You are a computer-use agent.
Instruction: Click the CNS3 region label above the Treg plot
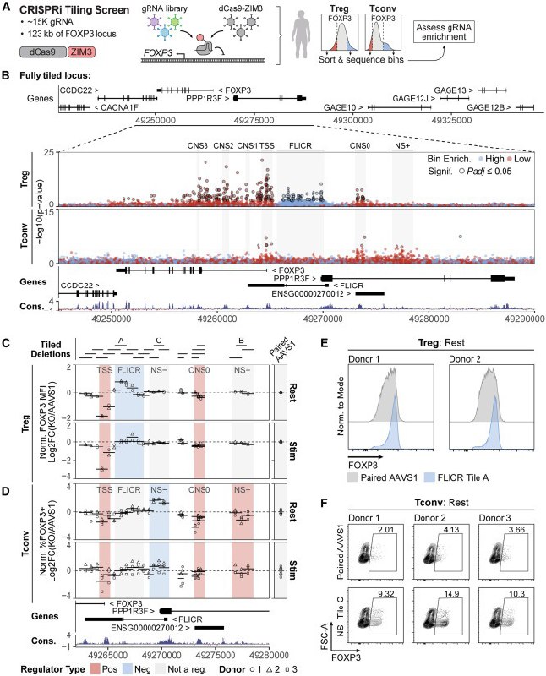(199, 145)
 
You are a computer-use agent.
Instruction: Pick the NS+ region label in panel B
(403, 145)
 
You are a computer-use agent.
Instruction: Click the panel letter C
(6, 345)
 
